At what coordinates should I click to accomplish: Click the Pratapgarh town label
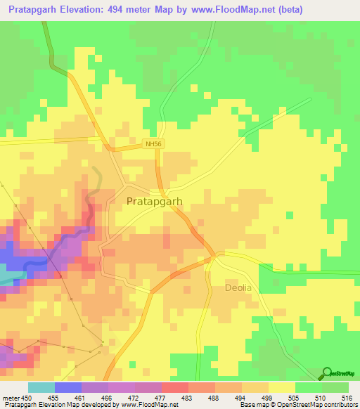pos(155,201)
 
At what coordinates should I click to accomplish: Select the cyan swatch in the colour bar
pos(41,387)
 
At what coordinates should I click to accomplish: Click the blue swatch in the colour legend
pos(67,387)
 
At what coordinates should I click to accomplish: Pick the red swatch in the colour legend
pos(174,387)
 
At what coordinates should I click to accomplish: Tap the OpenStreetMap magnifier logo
pos(326,374)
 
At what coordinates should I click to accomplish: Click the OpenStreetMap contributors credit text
pos(317,405)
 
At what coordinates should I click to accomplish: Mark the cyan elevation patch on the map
pos(6,283)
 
